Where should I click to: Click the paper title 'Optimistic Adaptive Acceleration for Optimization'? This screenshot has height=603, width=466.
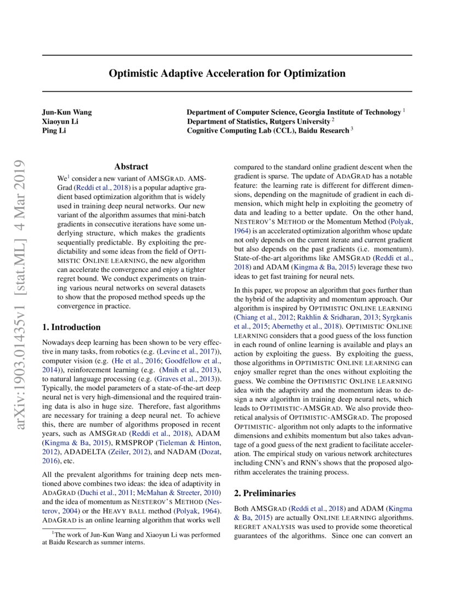tap(226, 73)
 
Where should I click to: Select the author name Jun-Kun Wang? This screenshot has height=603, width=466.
tap(67, 112)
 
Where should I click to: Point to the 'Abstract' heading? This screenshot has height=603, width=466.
tap(131, 167)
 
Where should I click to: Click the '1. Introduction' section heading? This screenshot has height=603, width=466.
tap(71, 327)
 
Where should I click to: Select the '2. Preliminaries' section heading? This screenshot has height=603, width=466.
tap(265, 493)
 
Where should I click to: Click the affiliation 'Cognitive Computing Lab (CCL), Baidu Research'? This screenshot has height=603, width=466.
tap(268, 130)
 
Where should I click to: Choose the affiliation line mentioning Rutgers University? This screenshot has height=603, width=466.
tap(259, 121)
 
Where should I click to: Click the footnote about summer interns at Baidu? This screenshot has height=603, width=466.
tap(131, 538)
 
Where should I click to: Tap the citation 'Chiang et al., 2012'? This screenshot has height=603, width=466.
tap(262, 317)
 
